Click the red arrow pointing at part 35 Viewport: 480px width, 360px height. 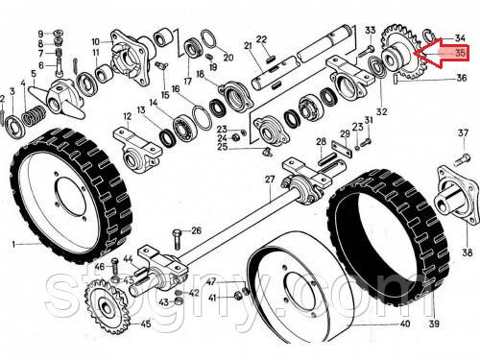click(x=444, y=53)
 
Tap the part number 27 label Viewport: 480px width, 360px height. click(x=270, y=180)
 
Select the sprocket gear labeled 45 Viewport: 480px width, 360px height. click(x=108, y=305)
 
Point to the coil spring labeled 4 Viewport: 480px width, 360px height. click(x=34, y=115)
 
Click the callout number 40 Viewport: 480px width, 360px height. click(x=405, y=324)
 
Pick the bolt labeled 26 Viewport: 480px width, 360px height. click(x=178, y=238)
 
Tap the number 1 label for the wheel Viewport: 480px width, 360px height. click(x=13, y=245)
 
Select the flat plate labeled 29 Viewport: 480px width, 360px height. click(x=342, y=149)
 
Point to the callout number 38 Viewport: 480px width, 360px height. click(x=467, y=252)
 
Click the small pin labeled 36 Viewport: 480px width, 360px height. click(x=396, y=79)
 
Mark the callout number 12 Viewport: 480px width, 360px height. click(x=128, y=116)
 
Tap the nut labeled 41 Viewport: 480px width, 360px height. click(x=238, y=296)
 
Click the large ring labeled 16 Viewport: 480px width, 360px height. click(x=202, y=118)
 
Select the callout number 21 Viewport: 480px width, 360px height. click(x=249, y=46)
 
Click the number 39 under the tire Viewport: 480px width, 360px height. click(x=434, y=324)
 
